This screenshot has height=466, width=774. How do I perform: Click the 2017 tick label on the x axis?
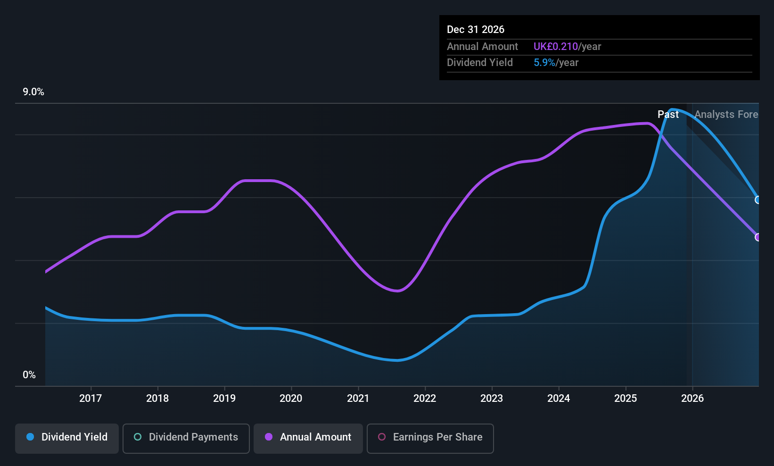[91, 398]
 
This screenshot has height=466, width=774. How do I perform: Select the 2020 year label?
[291, 398]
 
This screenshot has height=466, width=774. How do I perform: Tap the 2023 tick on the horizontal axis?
[492, 398]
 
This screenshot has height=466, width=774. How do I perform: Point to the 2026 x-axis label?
[692, 398]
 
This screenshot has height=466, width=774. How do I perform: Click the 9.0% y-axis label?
[33, 92]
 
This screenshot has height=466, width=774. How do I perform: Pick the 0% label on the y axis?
[29, 375]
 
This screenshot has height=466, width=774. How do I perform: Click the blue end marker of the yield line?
[758, 200]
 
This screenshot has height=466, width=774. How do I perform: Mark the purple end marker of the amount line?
[758, 237]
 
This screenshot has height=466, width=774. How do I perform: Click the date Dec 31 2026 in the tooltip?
[476, 30]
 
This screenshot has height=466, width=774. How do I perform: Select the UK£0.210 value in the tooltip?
[555, 47]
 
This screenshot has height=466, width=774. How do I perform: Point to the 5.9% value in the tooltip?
[544, 63]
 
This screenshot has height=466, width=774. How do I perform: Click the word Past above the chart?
[668, 115]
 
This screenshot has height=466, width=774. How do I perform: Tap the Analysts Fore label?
[726, 115]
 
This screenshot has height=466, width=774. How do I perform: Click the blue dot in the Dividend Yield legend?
[30, 437]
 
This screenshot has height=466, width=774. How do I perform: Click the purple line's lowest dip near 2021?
[397, 291]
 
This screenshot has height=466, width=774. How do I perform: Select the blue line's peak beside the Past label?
[673, 110]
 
